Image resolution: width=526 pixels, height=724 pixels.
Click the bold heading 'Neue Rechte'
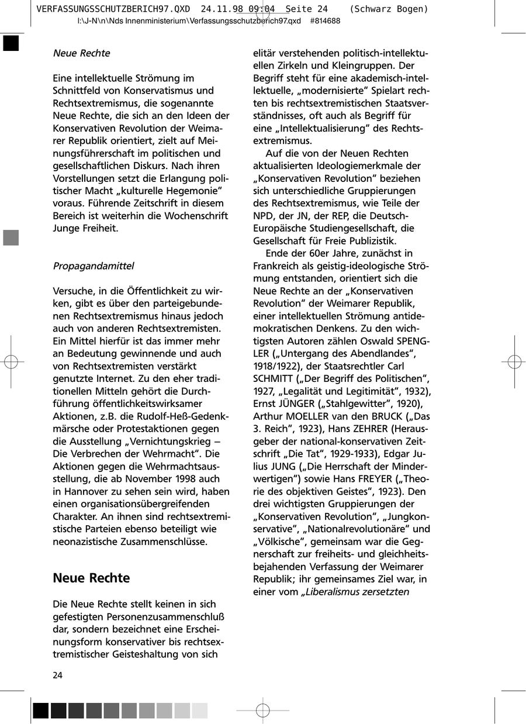tap(91, 578)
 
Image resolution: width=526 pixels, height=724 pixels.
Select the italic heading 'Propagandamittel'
tap(94, 266)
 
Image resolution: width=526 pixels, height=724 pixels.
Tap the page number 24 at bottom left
tap(58, 675)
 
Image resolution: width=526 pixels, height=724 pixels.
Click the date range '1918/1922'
tap(274, 366)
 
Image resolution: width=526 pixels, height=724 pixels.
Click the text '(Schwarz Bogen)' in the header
tap(389, 9)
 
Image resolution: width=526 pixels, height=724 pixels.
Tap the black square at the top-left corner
tap(11, 44)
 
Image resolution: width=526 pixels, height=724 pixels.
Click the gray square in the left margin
tap(11, 237)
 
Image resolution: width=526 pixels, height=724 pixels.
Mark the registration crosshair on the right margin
tap(513, 362)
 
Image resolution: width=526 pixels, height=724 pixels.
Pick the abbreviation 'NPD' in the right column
tap(264, 216)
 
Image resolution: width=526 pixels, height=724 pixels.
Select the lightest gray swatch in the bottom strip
tap(200, 711)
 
